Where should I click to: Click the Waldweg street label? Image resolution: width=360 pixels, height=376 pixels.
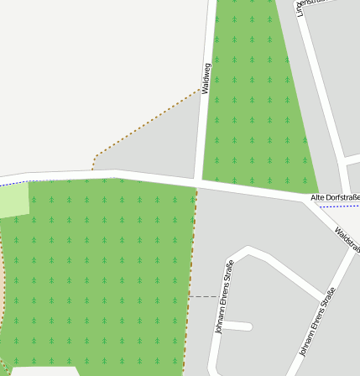click(x=206, y=77)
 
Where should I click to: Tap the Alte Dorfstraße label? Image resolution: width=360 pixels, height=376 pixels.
click(x=335, y=197)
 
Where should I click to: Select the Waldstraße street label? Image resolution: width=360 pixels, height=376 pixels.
click(x=347, y=241)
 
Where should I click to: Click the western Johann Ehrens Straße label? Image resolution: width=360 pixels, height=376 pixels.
click(x=224, y=297)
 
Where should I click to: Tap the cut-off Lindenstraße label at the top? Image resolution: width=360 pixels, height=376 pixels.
click(x=301, y=8)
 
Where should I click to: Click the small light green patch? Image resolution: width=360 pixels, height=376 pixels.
click(x=13, y=201)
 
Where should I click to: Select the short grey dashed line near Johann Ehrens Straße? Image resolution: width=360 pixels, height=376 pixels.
click(x=201, y=296)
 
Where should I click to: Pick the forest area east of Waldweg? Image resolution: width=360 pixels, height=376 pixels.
click(x=252, y=101)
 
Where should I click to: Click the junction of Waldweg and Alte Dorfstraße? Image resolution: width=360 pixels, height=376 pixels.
click(x=198, y=181)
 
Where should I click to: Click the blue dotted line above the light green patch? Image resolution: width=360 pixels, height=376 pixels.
click(x=13, y=183)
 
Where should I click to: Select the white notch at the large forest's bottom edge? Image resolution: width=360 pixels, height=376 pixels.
click(x=46, y=370)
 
